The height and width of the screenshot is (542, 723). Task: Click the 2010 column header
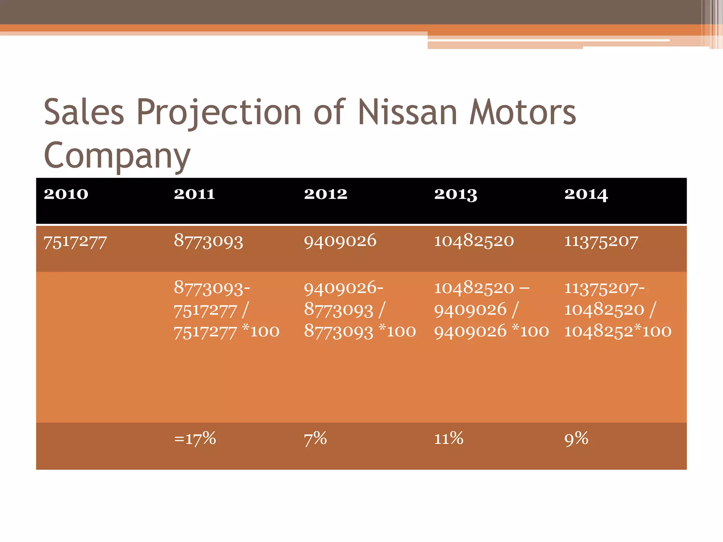tap(66, 194)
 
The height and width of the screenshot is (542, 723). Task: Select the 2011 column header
tap(194, 194)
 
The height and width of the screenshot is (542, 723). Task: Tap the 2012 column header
tap(325, 194)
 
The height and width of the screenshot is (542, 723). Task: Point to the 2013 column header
tap(455, 194)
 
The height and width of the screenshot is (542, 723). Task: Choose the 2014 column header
tap(586, 194)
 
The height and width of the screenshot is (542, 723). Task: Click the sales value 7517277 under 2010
tap(75, 242)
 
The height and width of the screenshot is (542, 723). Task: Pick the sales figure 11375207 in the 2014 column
tap(601, 241)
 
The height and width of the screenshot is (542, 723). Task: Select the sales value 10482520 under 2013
tap(474, 241)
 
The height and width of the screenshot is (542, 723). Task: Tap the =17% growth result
tap(195, 439)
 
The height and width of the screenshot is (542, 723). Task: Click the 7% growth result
tap(315, 439)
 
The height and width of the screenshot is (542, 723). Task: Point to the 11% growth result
tap(448, 439)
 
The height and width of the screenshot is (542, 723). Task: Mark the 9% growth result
tap(576, 439)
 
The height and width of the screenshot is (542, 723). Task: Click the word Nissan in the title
tap(407, 112)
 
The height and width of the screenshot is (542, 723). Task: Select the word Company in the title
tap(117, 155)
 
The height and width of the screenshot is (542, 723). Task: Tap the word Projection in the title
tap(219, 112)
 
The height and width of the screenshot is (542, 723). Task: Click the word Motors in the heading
tap(522, 112)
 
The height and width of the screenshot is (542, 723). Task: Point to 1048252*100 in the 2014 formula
tap(617, 331)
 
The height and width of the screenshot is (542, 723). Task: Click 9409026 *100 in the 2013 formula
tap(491, 331)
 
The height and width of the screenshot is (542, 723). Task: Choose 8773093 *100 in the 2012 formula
tap(360, 331)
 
